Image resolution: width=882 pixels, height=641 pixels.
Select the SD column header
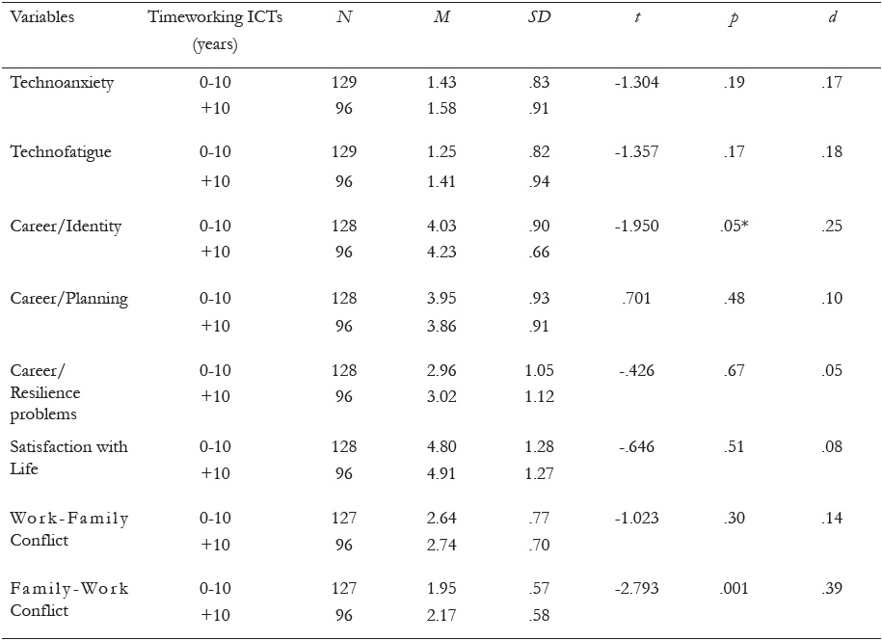540,18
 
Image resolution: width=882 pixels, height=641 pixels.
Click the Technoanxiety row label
62,83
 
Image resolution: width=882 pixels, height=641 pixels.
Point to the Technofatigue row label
61,151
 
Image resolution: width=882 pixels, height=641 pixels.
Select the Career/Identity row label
66,227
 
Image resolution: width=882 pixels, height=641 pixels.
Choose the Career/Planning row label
68,298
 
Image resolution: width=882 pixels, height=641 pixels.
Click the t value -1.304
636,83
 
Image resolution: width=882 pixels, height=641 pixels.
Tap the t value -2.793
636,588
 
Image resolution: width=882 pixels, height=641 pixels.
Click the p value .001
735,588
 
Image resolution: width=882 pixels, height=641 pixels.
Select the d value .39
833,588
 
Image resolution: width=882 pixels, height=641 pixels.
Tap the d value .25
833,227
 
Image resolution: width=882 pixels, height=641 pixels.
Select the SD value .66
539,253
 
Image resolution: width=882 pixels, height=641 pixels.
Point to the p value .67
735,370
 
